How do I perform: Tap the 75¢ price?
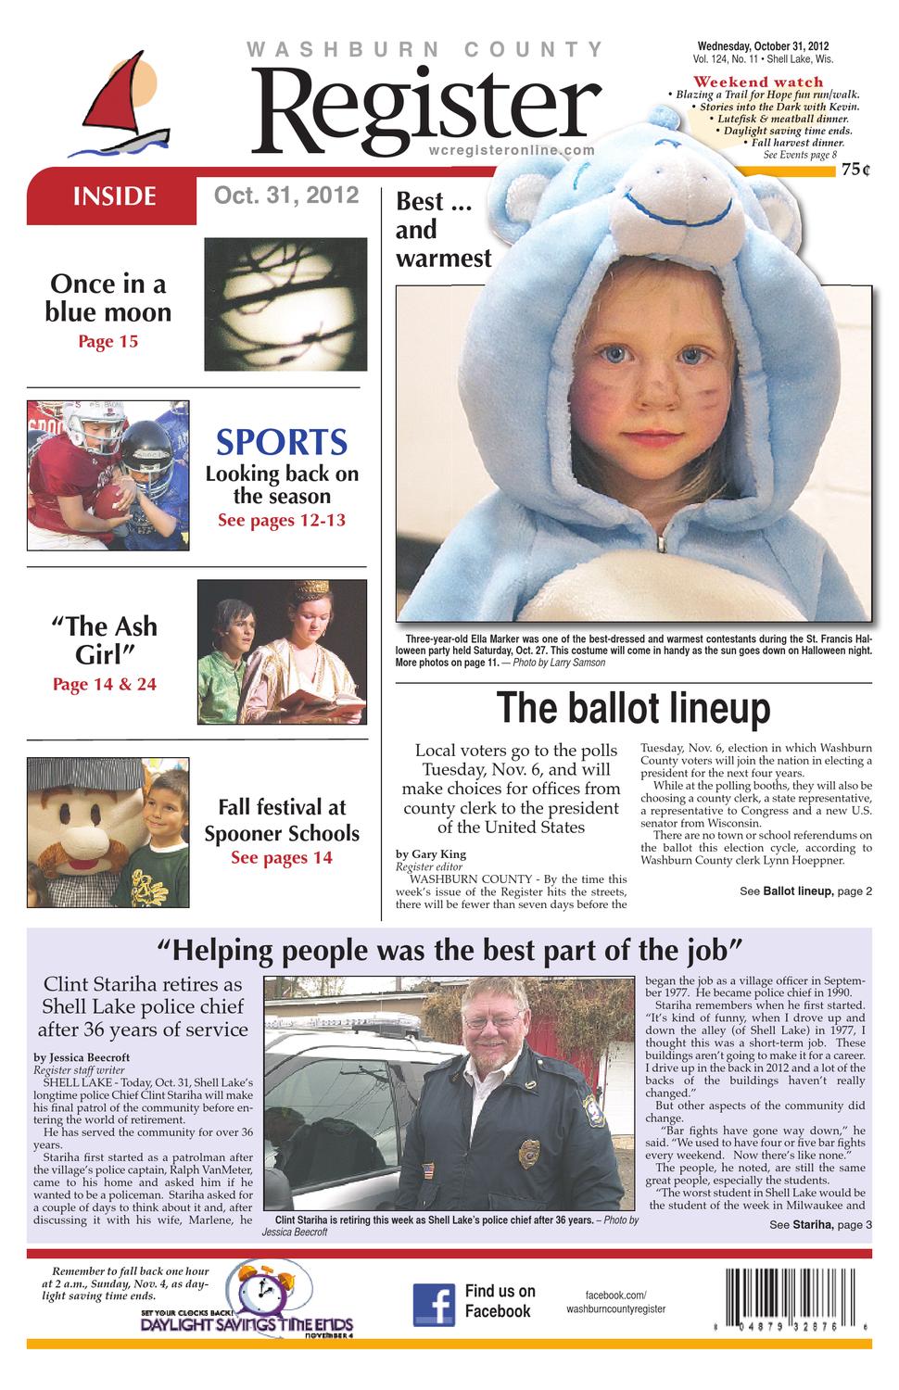click(856, 170)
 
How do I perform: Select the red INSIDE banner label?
click(114, 196)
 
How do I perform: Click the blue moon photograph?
click(285, 304)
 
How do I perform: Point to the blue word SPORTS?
click(282, 442)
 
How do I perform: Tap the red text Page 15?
click(108, 342)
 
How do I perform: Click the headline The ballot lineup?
click(633, 708)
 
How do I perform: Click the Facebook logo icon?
click(433, 1303)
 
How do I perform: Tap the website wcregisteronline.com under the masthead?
click(512, 150)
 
